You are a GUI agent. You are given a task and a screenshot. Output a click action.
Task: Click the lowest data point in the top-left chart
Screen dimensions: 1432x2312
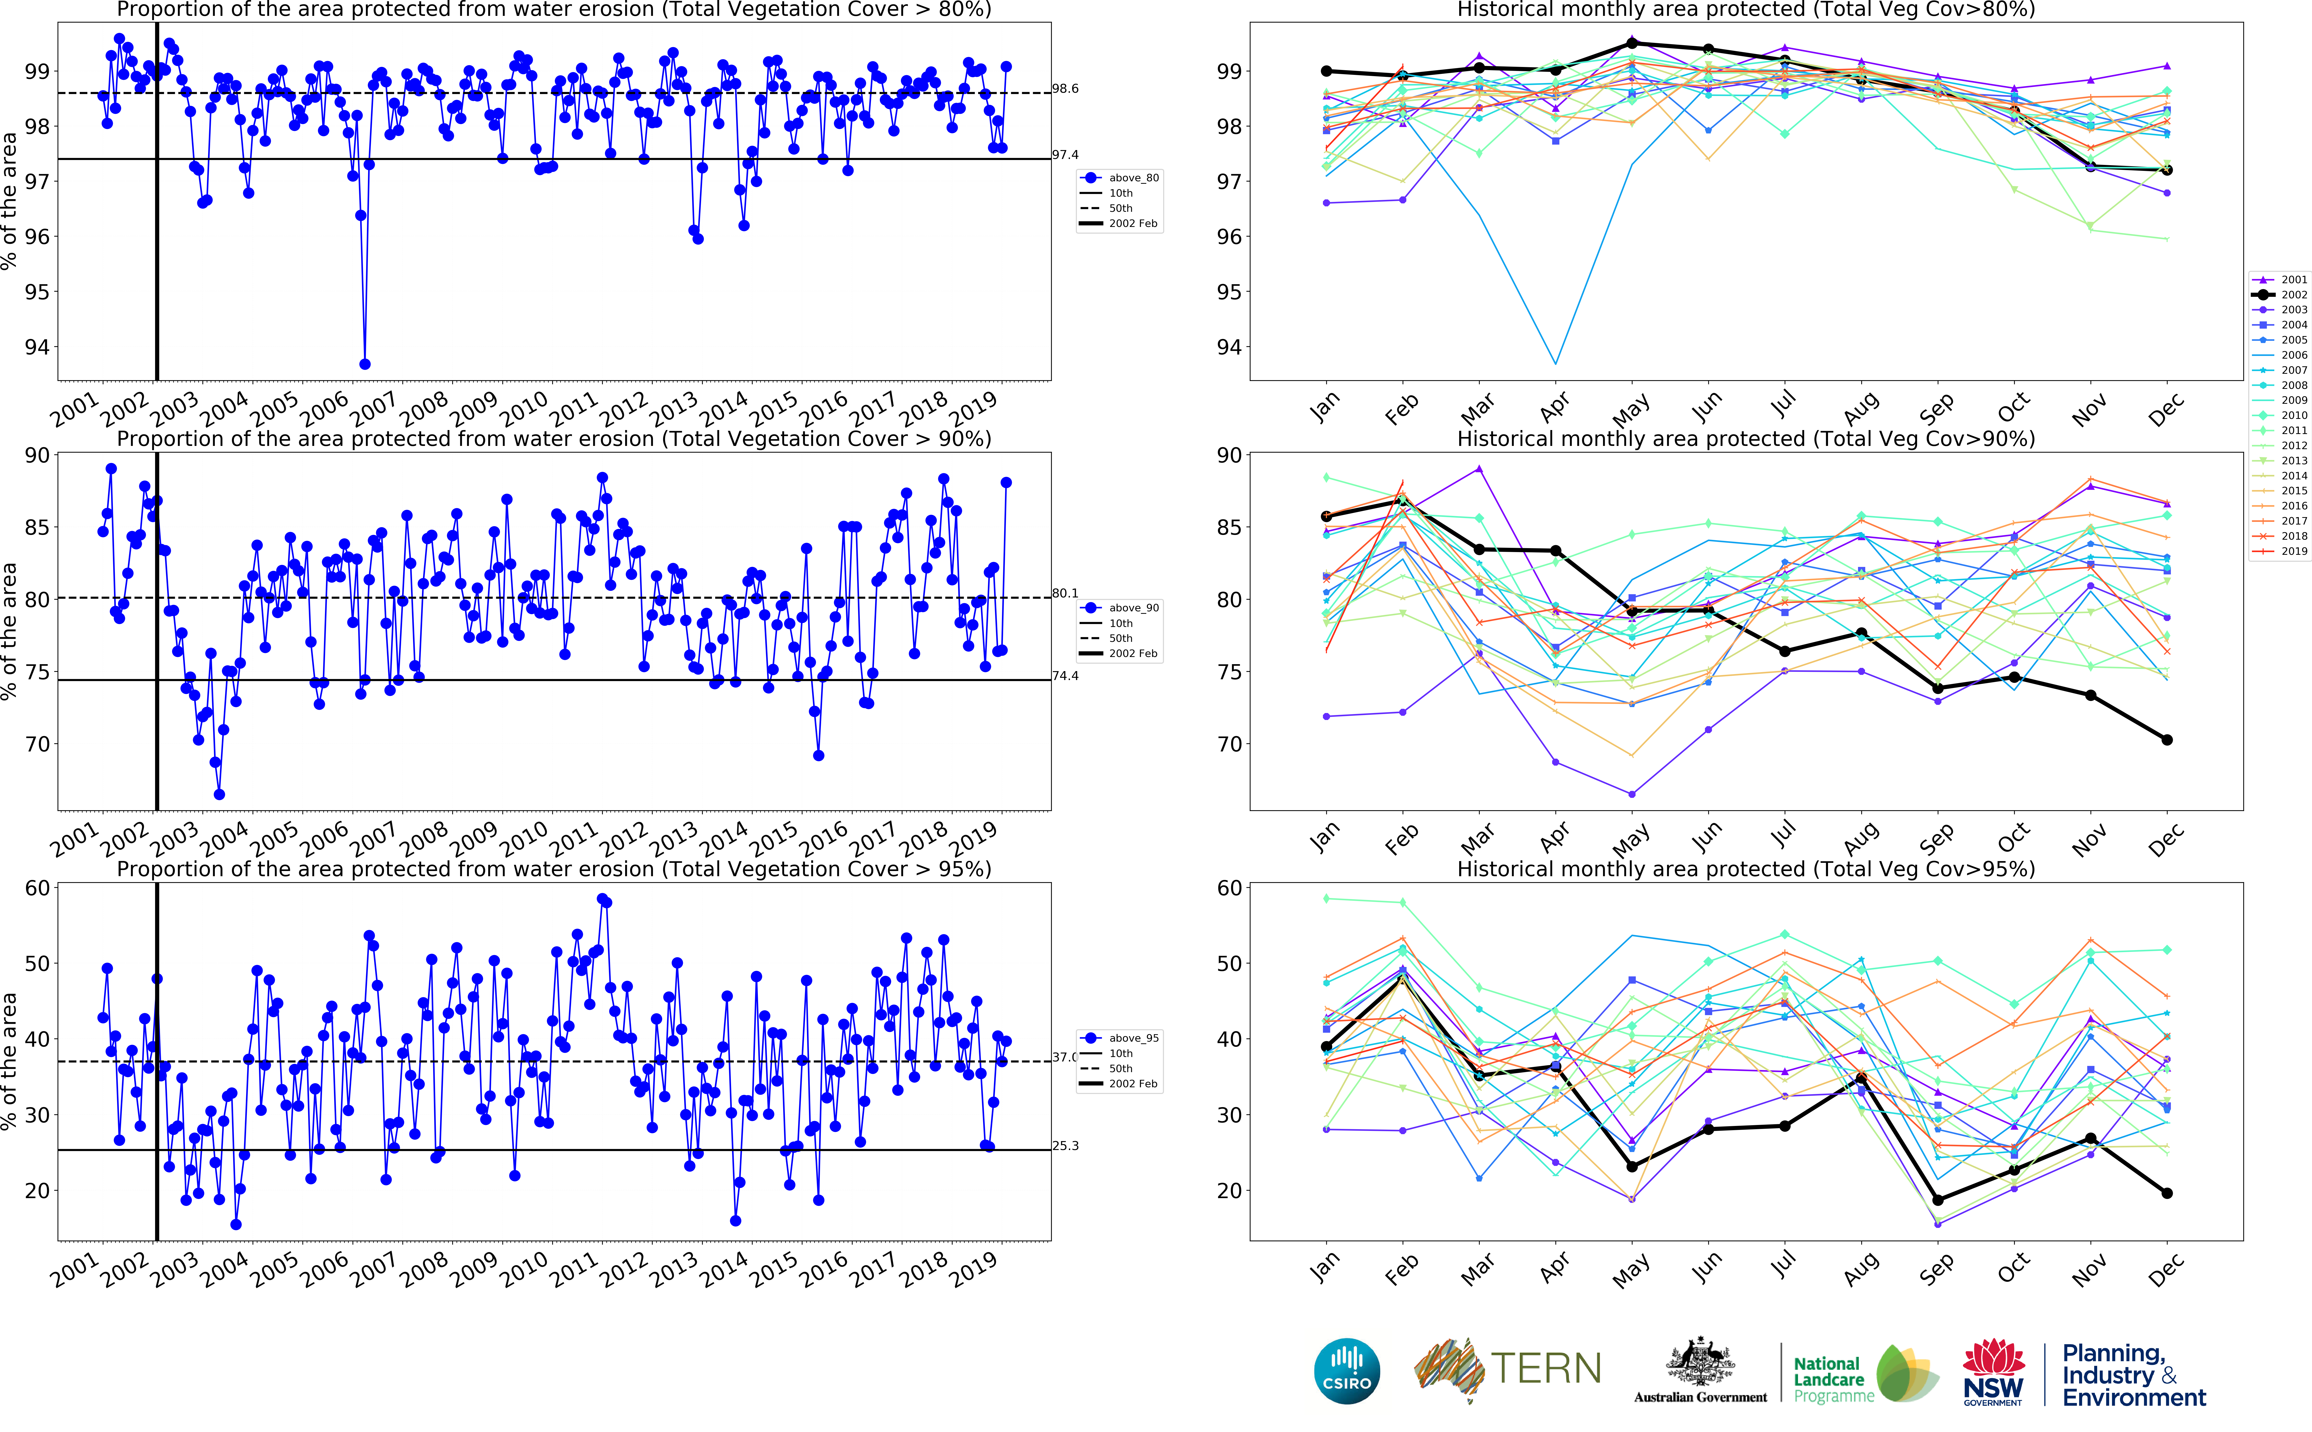[x=365, y=364]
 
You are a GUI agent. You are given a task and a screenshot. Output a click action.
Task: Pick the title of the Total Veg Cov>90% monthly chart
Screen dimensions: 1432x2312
[x=1746, y=439]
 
